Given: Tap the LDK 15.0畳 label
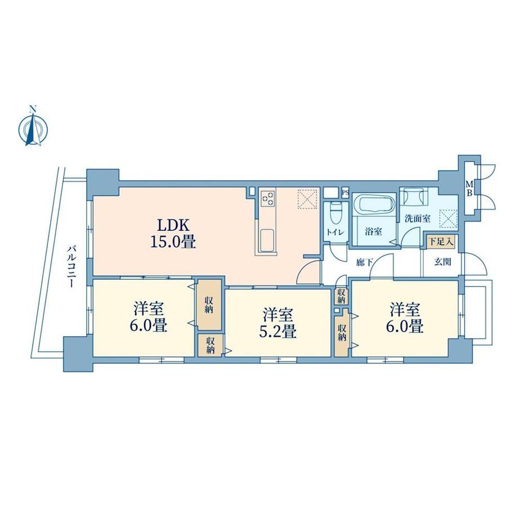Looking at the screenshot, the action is tap(173, 234).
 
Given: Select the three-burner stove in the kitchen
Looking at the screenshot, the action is tap(267, 198).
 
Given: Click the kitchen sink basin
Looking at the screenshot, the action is tap(267, 240).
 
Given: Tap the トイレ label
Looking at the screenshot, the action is tap(336, 232).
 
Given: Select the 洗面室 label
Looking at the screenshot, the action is tap(418, 218).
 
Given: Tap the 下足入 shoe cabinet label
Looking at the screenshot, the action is tap(441, 241).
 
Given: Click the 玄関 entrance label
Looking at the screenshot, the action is tap(443, 262).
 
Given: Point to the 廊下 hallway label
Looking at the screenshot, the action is tap(365, 262).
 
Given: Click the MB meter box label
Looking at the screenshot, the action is tap(469, 188).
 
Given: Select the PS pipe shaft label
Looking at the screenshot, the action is tap(345, 192).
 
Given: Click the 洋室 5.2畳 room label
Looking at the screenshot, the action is tap(278, 323).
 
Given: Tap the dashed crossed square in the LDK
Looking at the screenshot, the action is tap(307, 199).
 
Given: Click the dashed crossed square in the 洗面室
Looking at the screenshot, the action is tap(448, 218).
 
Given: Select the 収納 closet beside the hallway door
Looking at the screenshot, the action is tap(341, 296).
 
